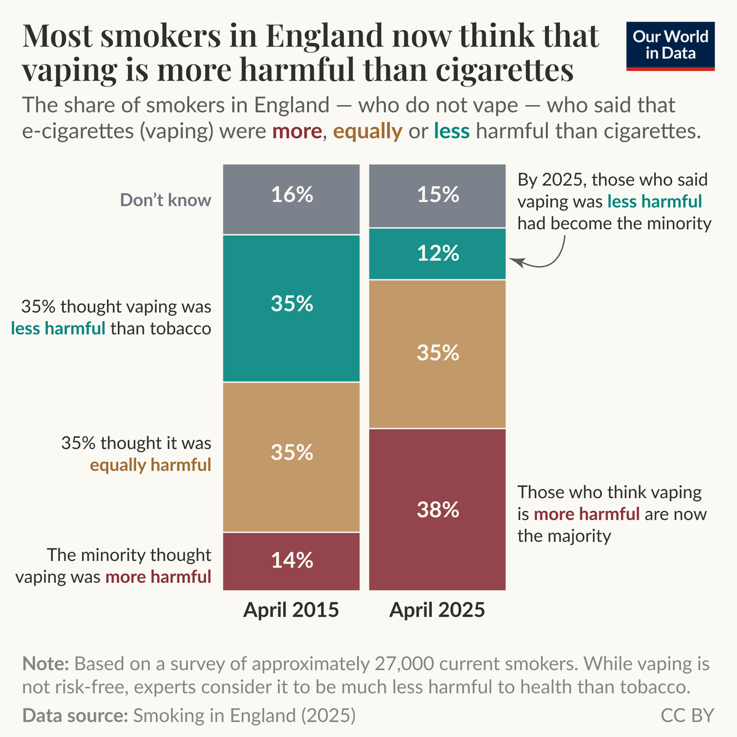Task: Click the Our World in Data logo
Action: tap(670, 46)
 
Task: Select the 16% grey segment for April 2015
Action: tap(291, 199)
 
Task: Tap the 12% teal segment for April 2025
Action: tap(437, 254)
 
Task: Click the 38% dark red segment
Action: tap(437, 509)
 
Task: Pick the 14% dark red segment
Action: tap(291, 561)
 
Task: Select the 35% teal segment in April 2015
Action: tap(291, 308)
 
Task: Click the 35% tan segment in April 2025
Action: tap(437, 354)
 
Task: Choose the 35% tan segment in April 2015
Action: tap(291, 457)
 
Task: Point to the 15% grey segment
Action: tap(437, 196)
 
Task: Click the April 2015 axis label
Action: tap(291, 610)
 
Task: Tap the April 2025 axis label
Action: tap(437, 610)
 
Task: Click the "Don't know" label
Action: tap(165, 200)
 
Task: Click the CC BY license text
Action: tap(687, 716)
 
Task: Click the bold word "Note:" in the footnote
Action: tap(45, 664)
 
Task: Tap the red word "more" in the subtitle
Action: tap(297, 131)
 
